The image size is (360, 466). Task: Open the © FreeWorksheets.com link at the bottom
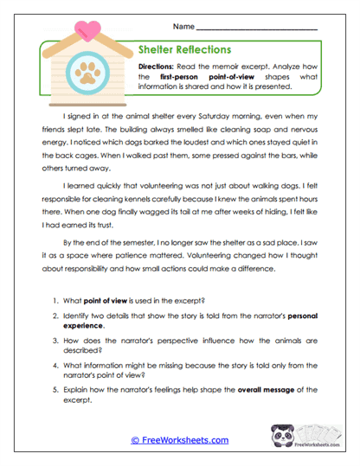[179, 440]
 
